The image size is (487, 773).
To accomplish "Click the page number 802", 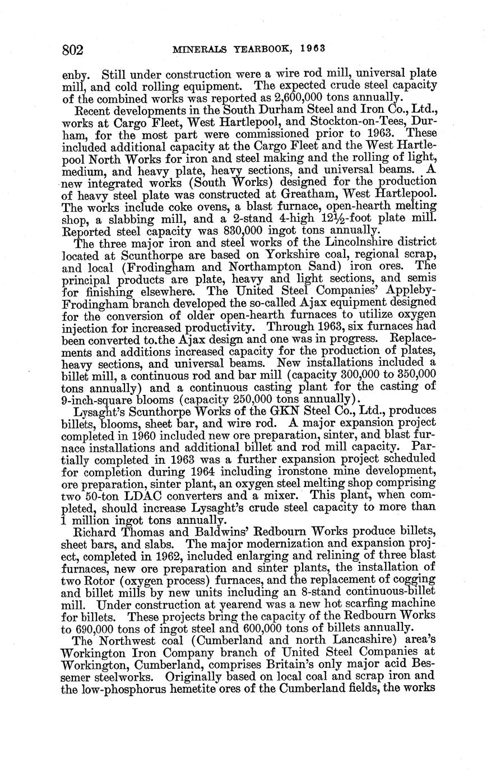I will pyautogui.click(x=72, y=50).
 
